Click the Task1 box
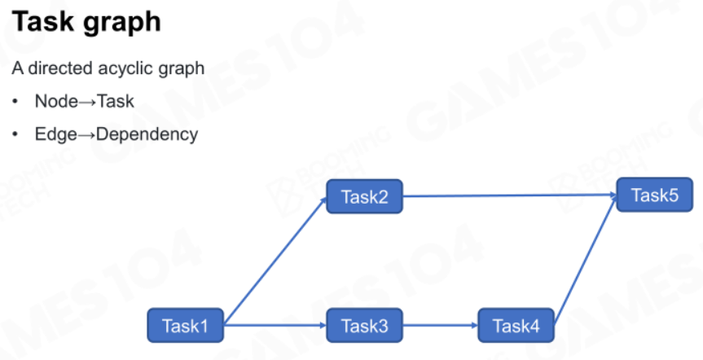click(x=185, y=326)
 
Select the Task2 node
click(x=364, y=196)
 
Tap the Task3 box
click(x=364, y=326)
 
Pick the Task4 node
click(x=516, y=326)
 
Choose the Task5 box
click(x=655, y=195)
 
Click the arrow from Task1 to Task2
click(x=275, y=260)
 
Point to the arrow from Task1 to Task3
click(x=275, y=326)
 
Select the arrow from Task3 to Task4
click(x=440, y=326)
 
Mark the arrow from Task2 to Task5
click(x=510, y=195)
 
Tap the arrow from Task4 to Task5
click(x=586, y=260)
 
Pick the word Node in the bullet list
click(x=56, y=101)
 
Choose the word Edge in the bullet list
click(x=55, y=134)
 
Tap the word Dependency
click(x=147, y=134)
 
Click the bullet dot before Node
click(x=15, y=101)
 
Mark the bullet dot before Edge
click(x=15, y=134)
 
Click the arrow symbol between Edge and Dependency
click(x=86, y=135)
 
